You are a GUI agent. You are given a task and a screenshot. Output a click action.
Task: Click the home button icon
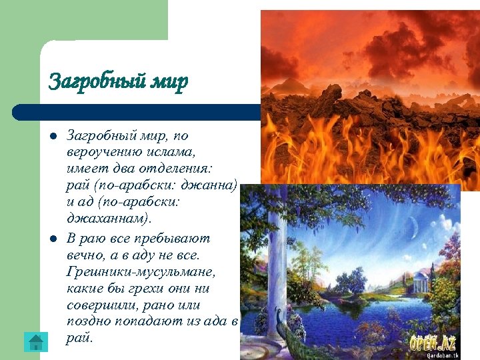point(35,341)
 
